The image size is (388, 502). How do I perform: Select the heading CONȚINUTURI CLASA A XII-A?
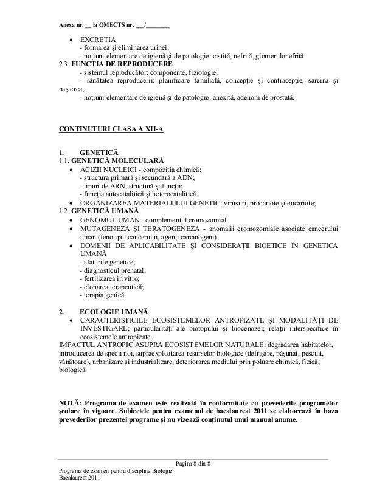[110, 129]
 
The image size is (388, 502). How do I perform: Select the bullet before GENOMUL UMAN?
[73, 219]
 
